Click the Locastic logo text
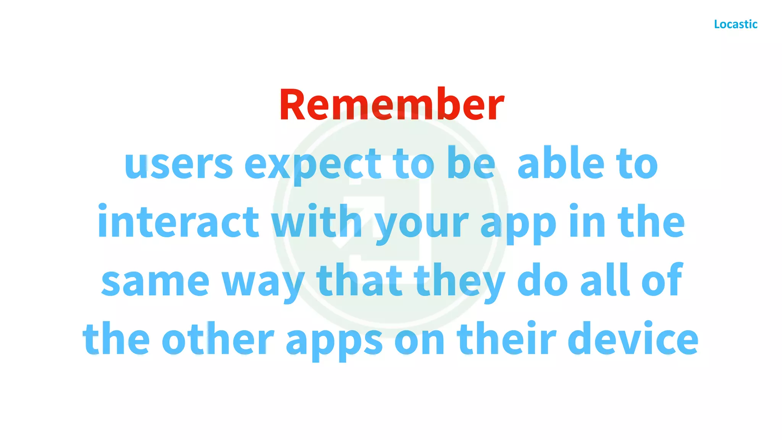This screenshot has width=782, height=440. [x=735, y=24]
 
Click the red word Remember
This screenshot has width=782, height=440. [x=392, y=105]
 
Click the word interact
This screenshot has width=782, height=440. [x=178, y=222]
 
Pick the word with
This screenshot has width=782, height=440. [x=317, y=222]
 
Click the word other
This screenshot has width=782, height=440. [x=218, y=338]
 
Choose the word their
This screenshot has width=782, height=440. [x=506, y=338]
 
